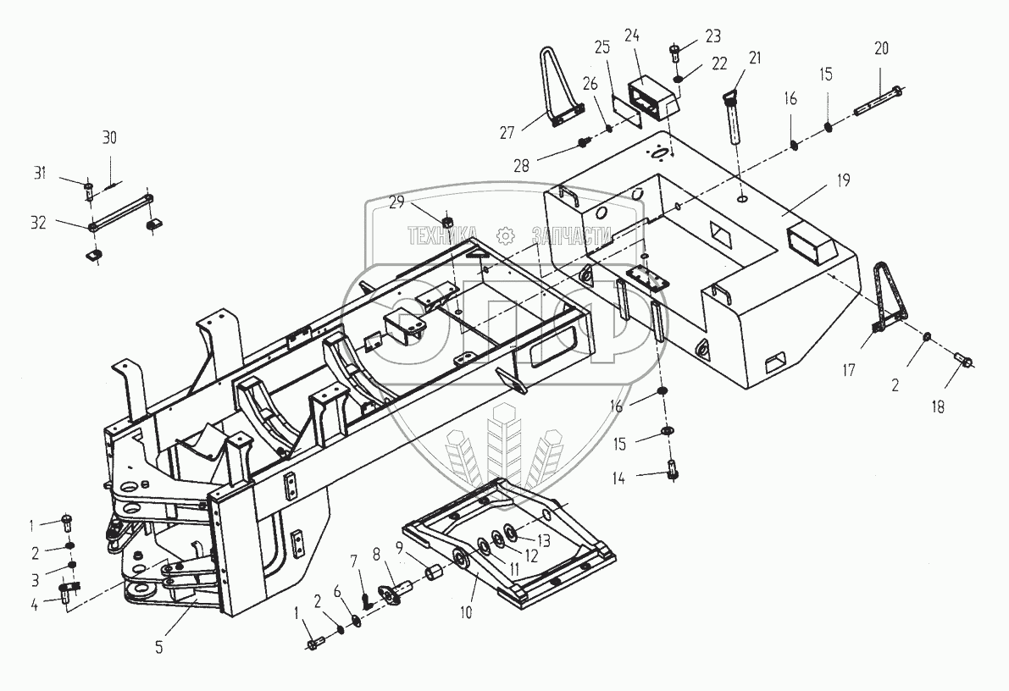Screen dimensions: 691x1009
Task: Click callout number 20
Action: point(881,48)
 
